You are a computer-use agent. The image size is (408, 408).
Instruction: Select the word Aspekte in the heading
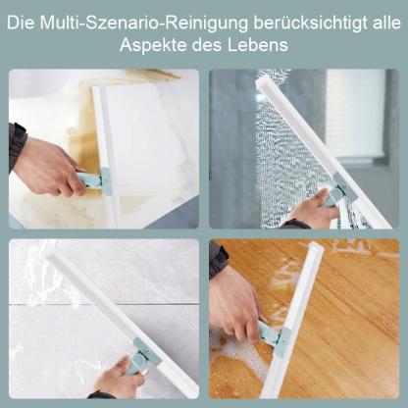(155, 45)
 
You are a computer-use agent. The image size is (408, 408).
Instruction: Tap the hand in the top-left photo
(44, 168)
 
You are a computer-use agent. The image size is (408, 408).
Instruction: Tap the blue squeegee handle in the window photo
(339, 190)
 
